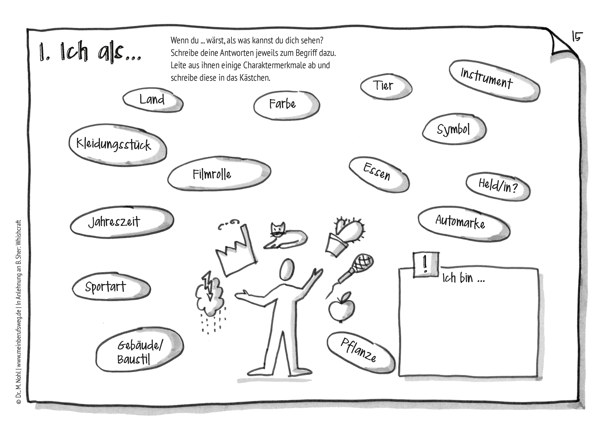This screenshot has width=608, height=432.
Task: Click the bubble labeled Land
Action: point(153,100)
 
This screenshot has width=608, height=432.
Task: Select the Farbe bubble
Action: point(287,105)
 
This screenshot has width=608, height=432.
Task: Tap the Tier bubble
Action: point(386,87)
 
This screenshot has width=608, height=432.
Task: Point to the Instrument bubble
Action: point(494,80)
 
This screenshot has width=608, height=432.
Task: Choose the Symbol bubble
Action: point(454,129)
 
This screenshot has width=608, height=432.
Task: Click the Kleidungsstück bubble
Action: point(118,145)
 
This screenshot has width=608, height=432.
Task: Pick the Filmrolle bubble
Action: point(219,173)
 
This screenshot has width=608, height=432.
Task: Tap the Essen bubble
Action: point(379,175)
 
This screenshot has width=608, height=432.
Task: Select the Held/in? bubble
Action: point(498,187)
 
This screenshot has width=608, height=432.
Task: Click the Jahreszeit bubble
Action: point(122,222)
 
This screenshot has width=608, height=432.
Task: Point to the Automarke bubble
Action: point(464,224)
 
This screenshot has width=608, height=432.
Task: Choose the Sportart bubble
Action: point(111,287)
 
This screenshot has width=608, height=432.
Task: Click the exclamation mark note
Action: point(425,265)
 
